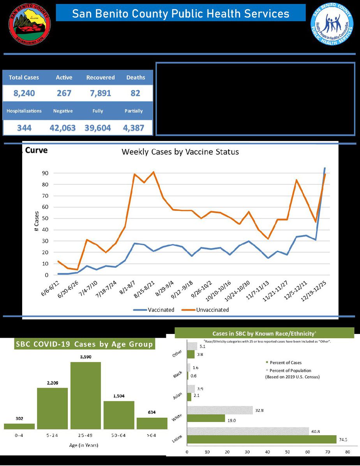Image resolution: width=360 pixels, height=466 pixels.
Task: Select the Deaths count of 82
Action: [136, 94]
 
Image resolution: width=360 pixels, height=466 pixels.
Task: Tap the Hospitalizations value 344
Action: [24, 127]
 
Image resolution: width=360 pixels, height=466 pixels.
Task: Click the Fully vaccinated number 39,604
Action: [98, 127]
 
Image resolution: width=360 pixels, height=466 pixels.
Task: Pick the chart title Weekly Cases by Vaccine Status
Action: [180, 152]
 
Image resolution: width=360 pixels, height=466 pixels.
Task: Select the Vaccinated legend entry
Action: [157, 310]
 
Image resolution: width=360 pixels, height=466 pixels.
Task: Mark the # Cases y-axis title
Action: [36, 221]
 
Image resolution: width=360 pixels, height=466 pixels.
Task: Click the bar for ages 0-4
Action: [19, 426]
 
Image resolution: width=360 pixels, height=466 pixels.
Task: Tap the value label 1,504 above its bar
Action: [119, 396]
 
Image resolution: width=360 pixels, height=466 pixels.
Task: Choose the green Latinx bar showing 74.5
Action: [262, 439]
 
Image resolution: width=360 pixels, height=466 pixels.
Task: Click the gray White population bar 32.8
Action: [220, 410]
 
